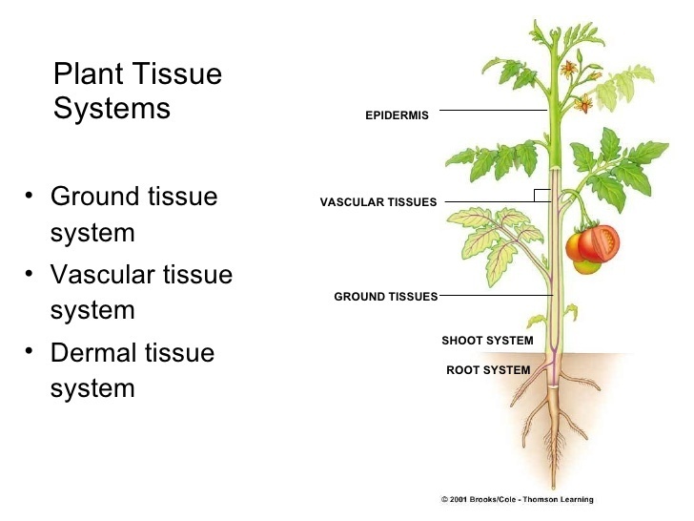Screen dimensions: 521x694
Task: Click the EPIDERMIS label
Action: tap(398, 116)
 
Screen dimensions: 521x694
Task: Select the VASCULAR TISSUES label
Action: tap(378, 202)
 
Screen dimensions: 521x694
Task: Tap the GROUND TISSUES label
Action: tap(385, 297)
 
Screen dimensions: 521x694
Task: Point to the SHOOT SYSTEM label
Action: tap(487, 341)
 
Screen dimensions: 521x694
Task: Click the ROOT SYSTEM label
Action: tap(488, 370)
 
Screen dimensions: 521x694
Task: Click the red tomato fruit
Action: tap(598, 243)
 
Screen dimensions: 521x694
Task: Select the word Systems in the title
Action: tap(112, 108)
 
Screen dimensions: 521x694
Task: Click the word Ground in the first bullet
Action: tap(92, 198)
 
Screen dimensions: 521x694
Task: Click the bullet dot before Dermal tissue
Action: tap(30, 350)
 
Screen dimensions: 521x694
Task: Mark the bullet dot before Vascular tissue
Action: tap(30, 273)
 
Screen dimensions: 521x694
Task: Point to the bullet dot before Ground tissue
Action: tap(30, 196)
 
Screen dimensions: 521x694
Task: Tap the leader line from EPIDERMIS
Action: tap(491, 111)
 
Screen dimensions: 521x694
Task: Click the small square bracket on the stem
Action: tap(542, 196)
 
